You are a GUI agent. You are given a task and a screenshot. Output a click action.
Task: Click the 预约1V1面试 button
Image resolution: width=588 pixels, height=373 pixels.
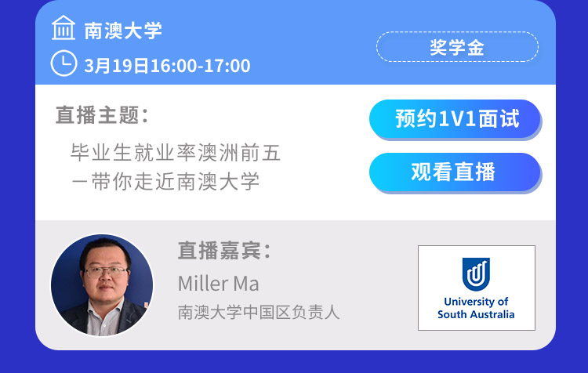pos(455,119)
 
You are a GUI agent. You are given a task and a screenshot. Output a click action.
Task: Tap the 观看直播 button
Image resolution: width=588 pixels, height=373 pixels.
pos(455,172)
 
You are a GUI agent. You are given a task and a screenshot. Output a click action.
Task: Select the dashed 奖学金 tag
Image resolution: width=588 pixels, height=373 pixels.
pos(457,47)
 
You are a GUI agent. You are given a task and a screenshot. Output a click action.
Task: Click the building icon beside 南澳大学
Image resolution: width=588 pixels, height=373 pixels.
pos(64,27)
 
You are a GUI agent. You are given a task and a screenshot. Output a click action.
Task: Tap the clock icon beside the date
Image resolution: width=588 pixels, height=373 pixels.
pos(64,63)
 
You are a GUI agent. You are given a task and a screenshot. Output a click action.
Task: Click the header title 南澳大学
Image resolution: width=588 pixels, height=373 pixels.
pos(123,31)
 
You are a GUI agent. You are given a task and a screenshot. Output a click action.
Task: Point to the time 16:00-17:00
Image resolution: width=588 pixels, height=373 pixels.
pos(200,66)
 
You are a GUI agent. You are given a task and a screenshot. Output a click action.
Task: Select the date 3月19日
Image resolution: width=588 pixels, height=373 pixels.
pos(117,66)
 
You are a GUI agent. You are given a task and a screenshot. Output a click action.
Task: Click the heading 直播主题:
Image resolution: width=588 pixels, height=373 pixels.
pos(102,114)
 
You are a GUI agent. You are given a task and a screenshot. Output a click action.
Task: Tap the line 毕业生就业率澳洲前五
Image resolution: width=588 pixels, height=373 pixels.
pos(176,153)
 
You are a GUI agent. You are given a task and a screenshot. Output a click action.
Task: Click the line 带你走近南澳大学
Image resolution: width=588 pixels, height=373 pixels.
pos(176,182)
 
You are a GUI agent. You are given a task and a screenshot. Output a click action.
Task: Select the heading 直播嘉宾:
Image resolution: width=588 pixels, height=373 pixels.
pos(224,251)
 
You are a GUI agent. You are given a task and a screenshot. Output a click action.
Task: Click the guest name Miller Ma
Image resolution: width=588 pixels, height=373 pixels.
pos(218,284)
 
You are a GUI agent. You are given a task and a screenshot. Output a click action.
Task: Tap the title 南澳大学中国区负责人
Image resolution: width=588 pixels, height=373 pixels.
pos(259,313)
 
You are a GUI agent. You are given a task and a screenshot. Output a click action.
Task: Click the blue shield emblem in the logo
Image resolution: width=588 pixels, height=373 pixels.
pos(476,274)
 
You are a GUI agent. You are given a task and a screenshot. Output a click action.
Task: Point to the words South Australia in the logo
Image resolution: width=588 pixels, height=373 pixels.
pos(476,314)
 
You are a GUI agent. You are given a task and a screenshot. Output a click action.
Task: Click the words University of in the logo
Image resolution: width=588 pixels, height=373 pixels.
pos(476,302)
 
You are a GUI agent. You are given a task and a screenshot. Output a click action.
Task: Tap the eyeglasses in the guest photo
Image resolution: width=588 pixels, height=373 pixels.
pos(105,271)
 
